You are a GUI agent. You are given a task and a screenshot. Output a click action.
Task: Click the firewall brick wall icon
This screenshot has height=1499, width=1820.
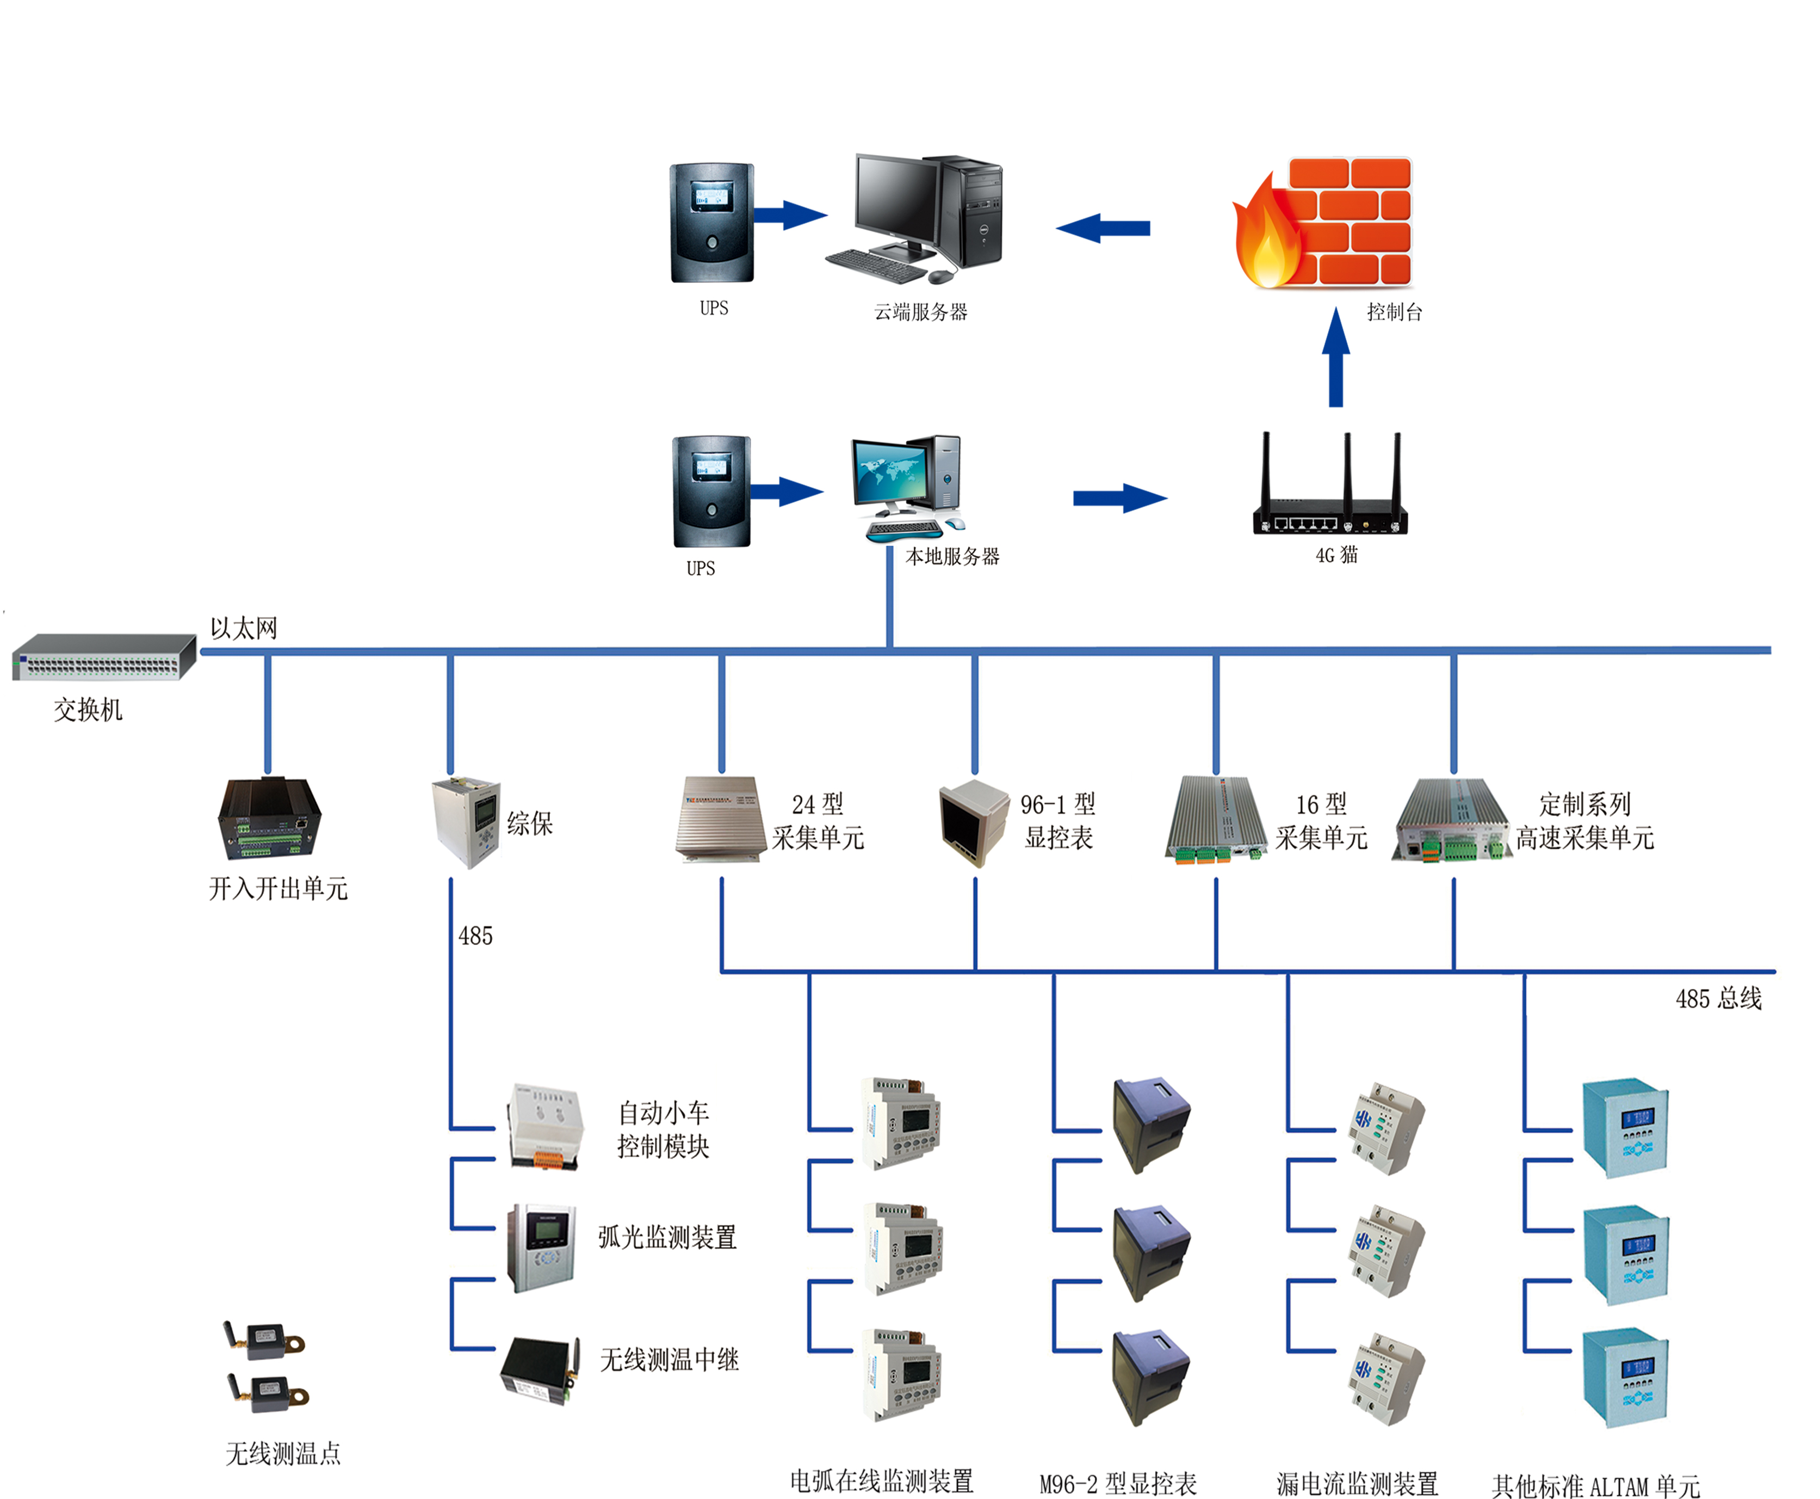pyautogui.click(x=1324, y=222)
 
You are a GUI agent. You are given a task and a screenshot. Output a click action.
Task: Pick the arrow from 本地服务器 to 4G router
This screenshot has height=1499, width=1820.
pyautogui.click(x=1119, y=498)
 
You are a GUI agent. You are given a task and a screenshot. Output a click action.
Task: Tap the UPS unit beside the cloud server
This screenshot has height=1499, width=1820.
pyautogui.click(x=712, y=223)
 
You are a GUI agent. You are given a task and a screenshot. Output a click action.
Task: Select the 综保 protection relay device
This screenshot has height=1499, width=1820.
pyautogui.click(x=466, y=821)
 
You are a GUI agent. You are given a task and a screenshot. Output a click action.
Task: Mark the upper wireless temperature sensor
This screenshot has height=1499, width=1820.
pyautogui.click(x=266, y=1340)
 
